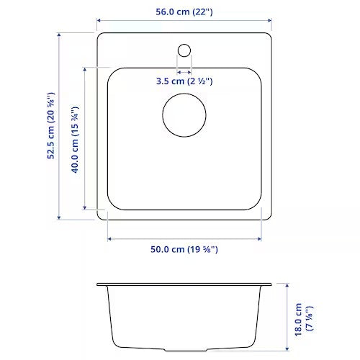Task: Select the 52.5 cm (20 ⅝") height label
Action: (x=51, y=126)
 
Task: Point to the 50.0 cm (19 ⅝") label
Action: (x=184, y=250)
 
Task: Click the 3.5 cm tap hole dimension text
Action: (x=184, y=81)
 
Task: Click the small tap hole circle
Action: (x=184, y=50)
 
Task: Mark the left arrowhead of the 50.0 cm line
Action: (x=109, y=238)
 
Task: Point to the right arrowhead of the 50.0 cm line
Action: (x=261, y=238)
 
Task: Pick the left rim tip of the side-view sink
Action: (x=98, y=284)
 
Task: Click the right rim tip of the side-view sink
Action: (x=271, y=284)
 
